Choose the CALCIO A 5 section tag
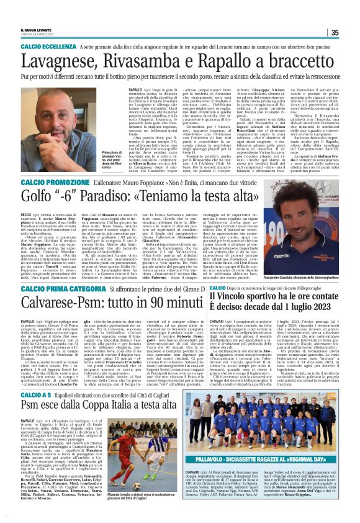(x=40, y=394)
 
